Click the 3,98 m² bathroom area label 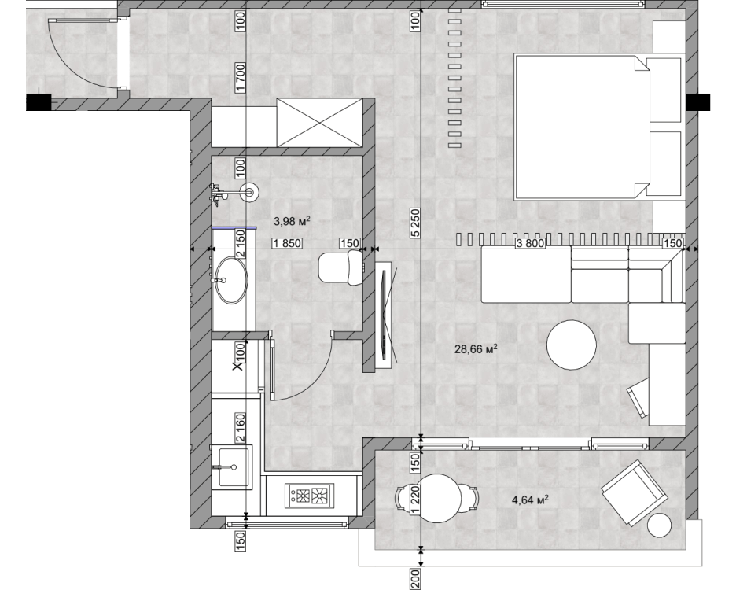pos(292,220)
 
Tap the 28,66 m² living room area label pos(476,348)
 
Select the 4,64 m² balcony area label pos(530,500)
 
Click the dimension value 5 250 pos(415,223)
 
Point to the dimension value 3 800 pos(531,243)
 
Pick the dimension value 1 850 pos(287,243)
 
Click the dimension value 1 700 pos(241,78)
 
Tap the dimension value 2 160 pos(241,427)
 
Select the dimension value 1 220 pos(415,501)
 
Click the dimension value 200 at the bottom pos(415,578)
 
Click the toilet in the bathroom pos(340,267)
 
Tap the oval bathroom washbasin pos(230,279)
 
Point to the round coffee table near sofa pos(572,345)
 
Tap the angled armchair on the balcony pos(635,492)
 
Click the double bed pos(598,127)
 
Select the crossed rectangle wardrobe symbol pos(320,123)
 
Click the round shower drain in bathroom pos(248,191)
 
